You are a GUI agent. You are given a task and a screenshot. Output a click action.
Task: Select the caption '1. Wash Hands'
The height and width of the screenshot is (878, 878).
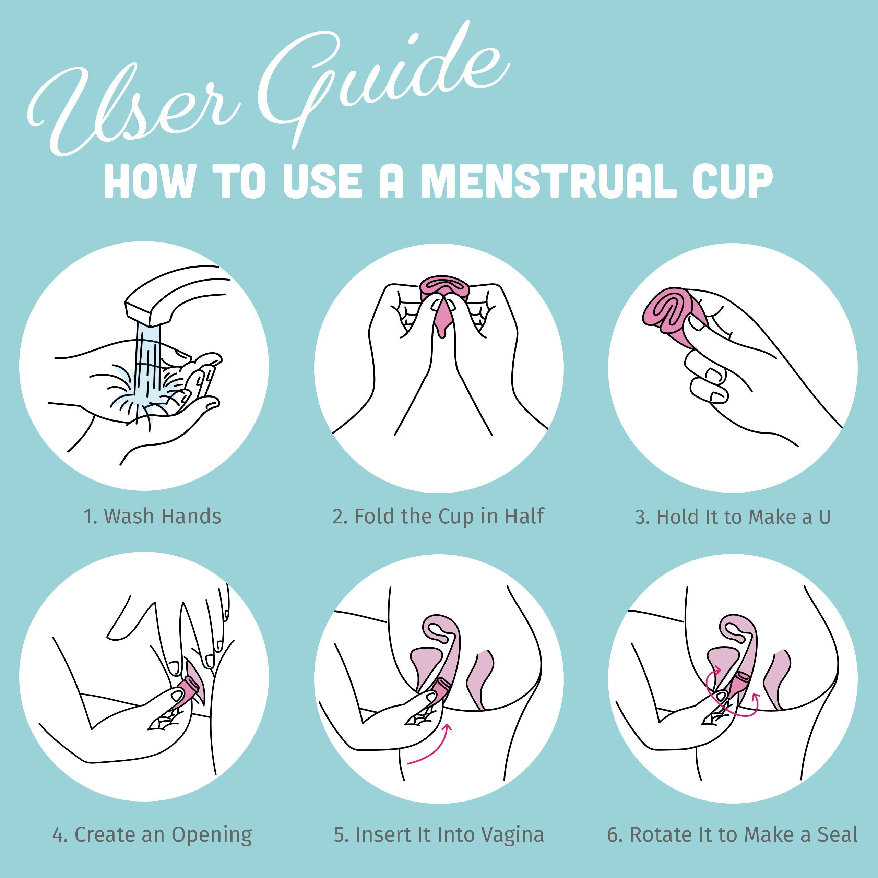[153, 517]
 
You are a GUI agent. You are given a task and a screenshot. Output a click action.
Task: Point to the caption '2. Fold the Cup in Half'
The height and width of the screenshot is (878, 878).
[438, 517]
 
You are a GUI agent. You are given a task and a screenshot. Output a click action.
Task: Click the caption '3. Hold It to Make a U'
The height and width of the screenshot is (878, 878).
[733, 517]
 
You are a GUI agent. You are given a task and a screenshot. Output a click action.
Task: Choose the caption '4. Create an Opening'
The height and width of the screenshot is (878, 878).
[152, 835]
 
